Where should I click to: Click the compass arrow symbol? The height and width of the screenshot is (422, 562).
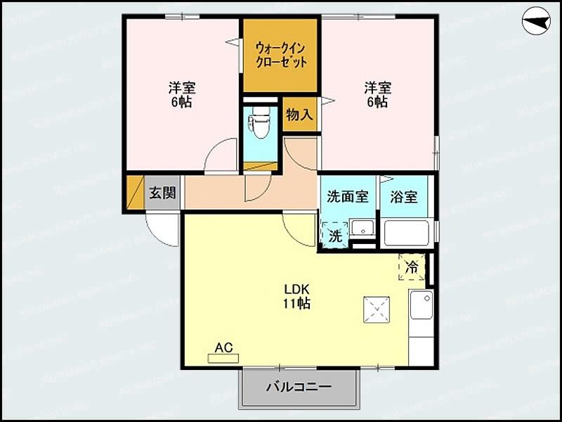click(535, 23)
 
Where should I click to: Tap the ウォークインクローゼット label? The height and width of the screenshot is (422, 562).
click(281, 54)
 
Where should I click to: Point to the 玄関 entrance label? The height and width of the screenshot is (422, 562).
click(162, 193)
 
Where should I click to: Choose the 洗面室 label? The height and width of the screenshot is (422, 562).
click(348, 196)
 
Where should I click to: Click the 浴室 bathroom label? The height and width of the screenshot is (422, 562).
click(404, 196)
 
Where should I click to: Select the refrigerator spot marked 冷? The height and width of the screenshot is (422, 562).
click(412, 267)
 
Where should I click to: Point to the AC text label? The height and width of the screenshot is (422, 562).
click(223, 347)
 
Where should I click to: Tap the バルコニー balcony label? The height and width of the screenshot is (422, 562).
click(299, 386)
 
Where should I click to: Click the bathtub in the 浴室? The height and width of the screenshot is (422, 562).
click(406, 233)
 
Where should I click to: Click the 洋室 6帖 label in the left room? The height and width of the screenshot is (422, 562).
click(181, 95)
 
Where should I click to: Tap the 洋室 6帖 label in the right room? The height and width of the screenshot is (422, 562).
click(377, 95)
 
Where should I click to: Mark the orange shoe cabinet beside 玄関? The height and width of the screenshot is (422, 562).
click(135, 193)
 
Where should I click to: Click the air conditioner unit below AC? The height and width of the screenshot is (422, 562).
click(223, 358)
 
